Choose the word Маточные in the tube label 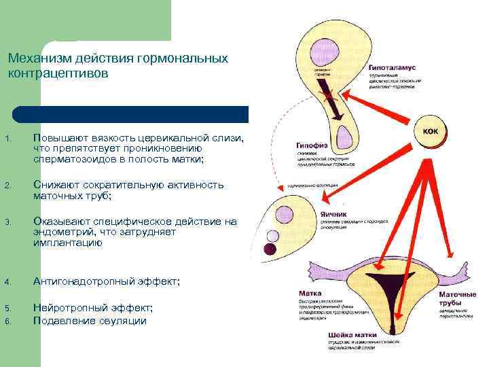coord(454,294)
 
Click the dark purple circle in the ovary coord(270,251)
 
